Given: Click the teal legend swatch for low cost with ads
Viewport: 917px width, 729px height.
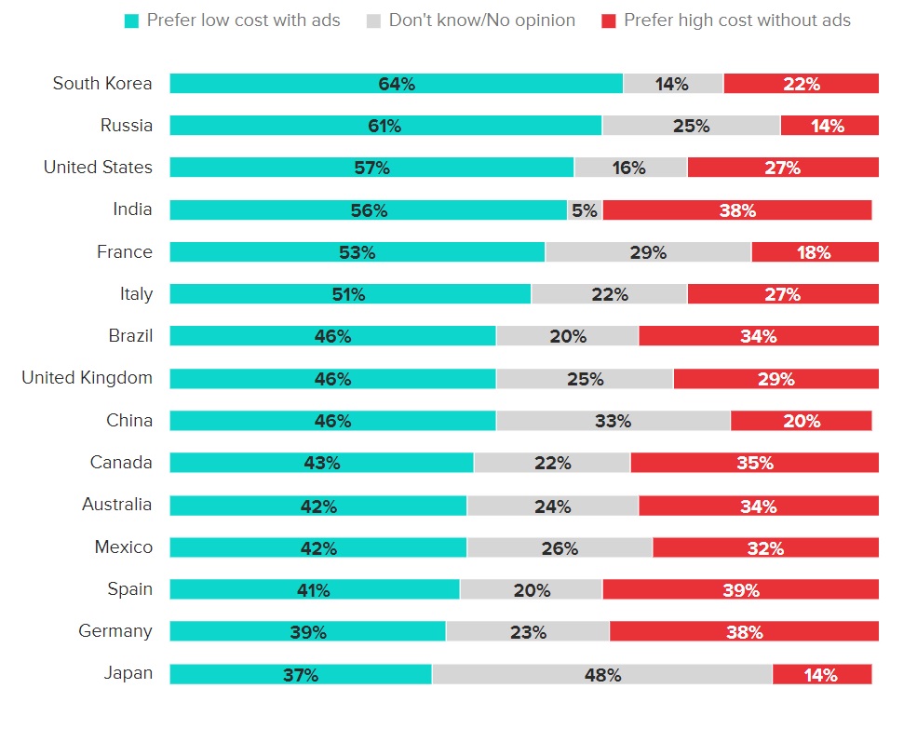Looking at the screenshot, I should [131, 20].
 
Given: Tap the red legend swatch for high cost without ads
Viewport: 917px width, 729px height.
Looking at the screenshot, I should [609, 20].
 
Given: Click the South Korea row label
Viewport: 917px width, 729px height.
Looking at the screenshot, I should [102, 84].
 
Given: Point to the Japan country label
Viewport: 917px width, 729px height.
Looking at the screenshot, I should [128, 673].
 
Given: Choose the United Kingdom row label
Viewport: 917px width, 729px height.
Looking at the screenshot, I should [88, 378].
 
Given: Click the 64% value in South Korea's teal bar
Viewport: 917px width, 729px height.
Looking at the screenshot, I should [397, 84].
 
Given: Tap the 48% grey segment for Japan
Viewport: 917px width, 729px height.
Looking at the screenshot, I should [602, 674].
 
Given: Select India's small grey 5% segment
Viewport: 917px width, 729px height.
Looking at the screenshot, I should [585, 210].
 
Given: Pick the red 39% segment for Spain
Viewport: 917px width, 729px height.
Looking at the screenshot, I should [740, 590].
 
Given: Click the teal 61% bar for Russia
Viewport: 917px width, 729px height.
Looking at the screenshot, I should [385, 126].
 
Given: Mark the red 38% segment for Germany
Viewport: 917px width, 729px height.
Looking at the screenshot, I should [744, 632].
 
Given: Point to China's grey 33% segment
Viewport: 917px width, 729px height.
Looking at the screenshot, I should [613, 421].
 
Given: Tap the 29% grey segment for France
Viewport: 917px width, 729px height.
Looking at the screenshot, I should [648, 252].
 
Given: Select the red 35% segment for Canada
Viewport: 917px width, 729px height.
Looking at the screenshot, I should [754, 463].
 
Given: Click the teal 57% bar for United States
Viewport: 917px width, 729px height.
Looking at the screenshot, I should [371, 168].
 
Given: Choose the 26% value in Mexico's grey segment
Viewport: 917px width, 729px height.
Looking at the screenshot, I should [560, 548].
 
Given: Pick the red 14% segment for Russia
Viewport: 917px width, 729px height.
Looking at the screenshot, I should [829, 126].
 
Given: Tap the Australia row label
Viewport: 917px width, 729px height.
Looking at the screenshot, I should [117, 505].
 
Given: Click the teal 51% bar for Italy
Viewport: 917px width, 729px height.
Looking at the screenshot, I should [350, 294].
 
